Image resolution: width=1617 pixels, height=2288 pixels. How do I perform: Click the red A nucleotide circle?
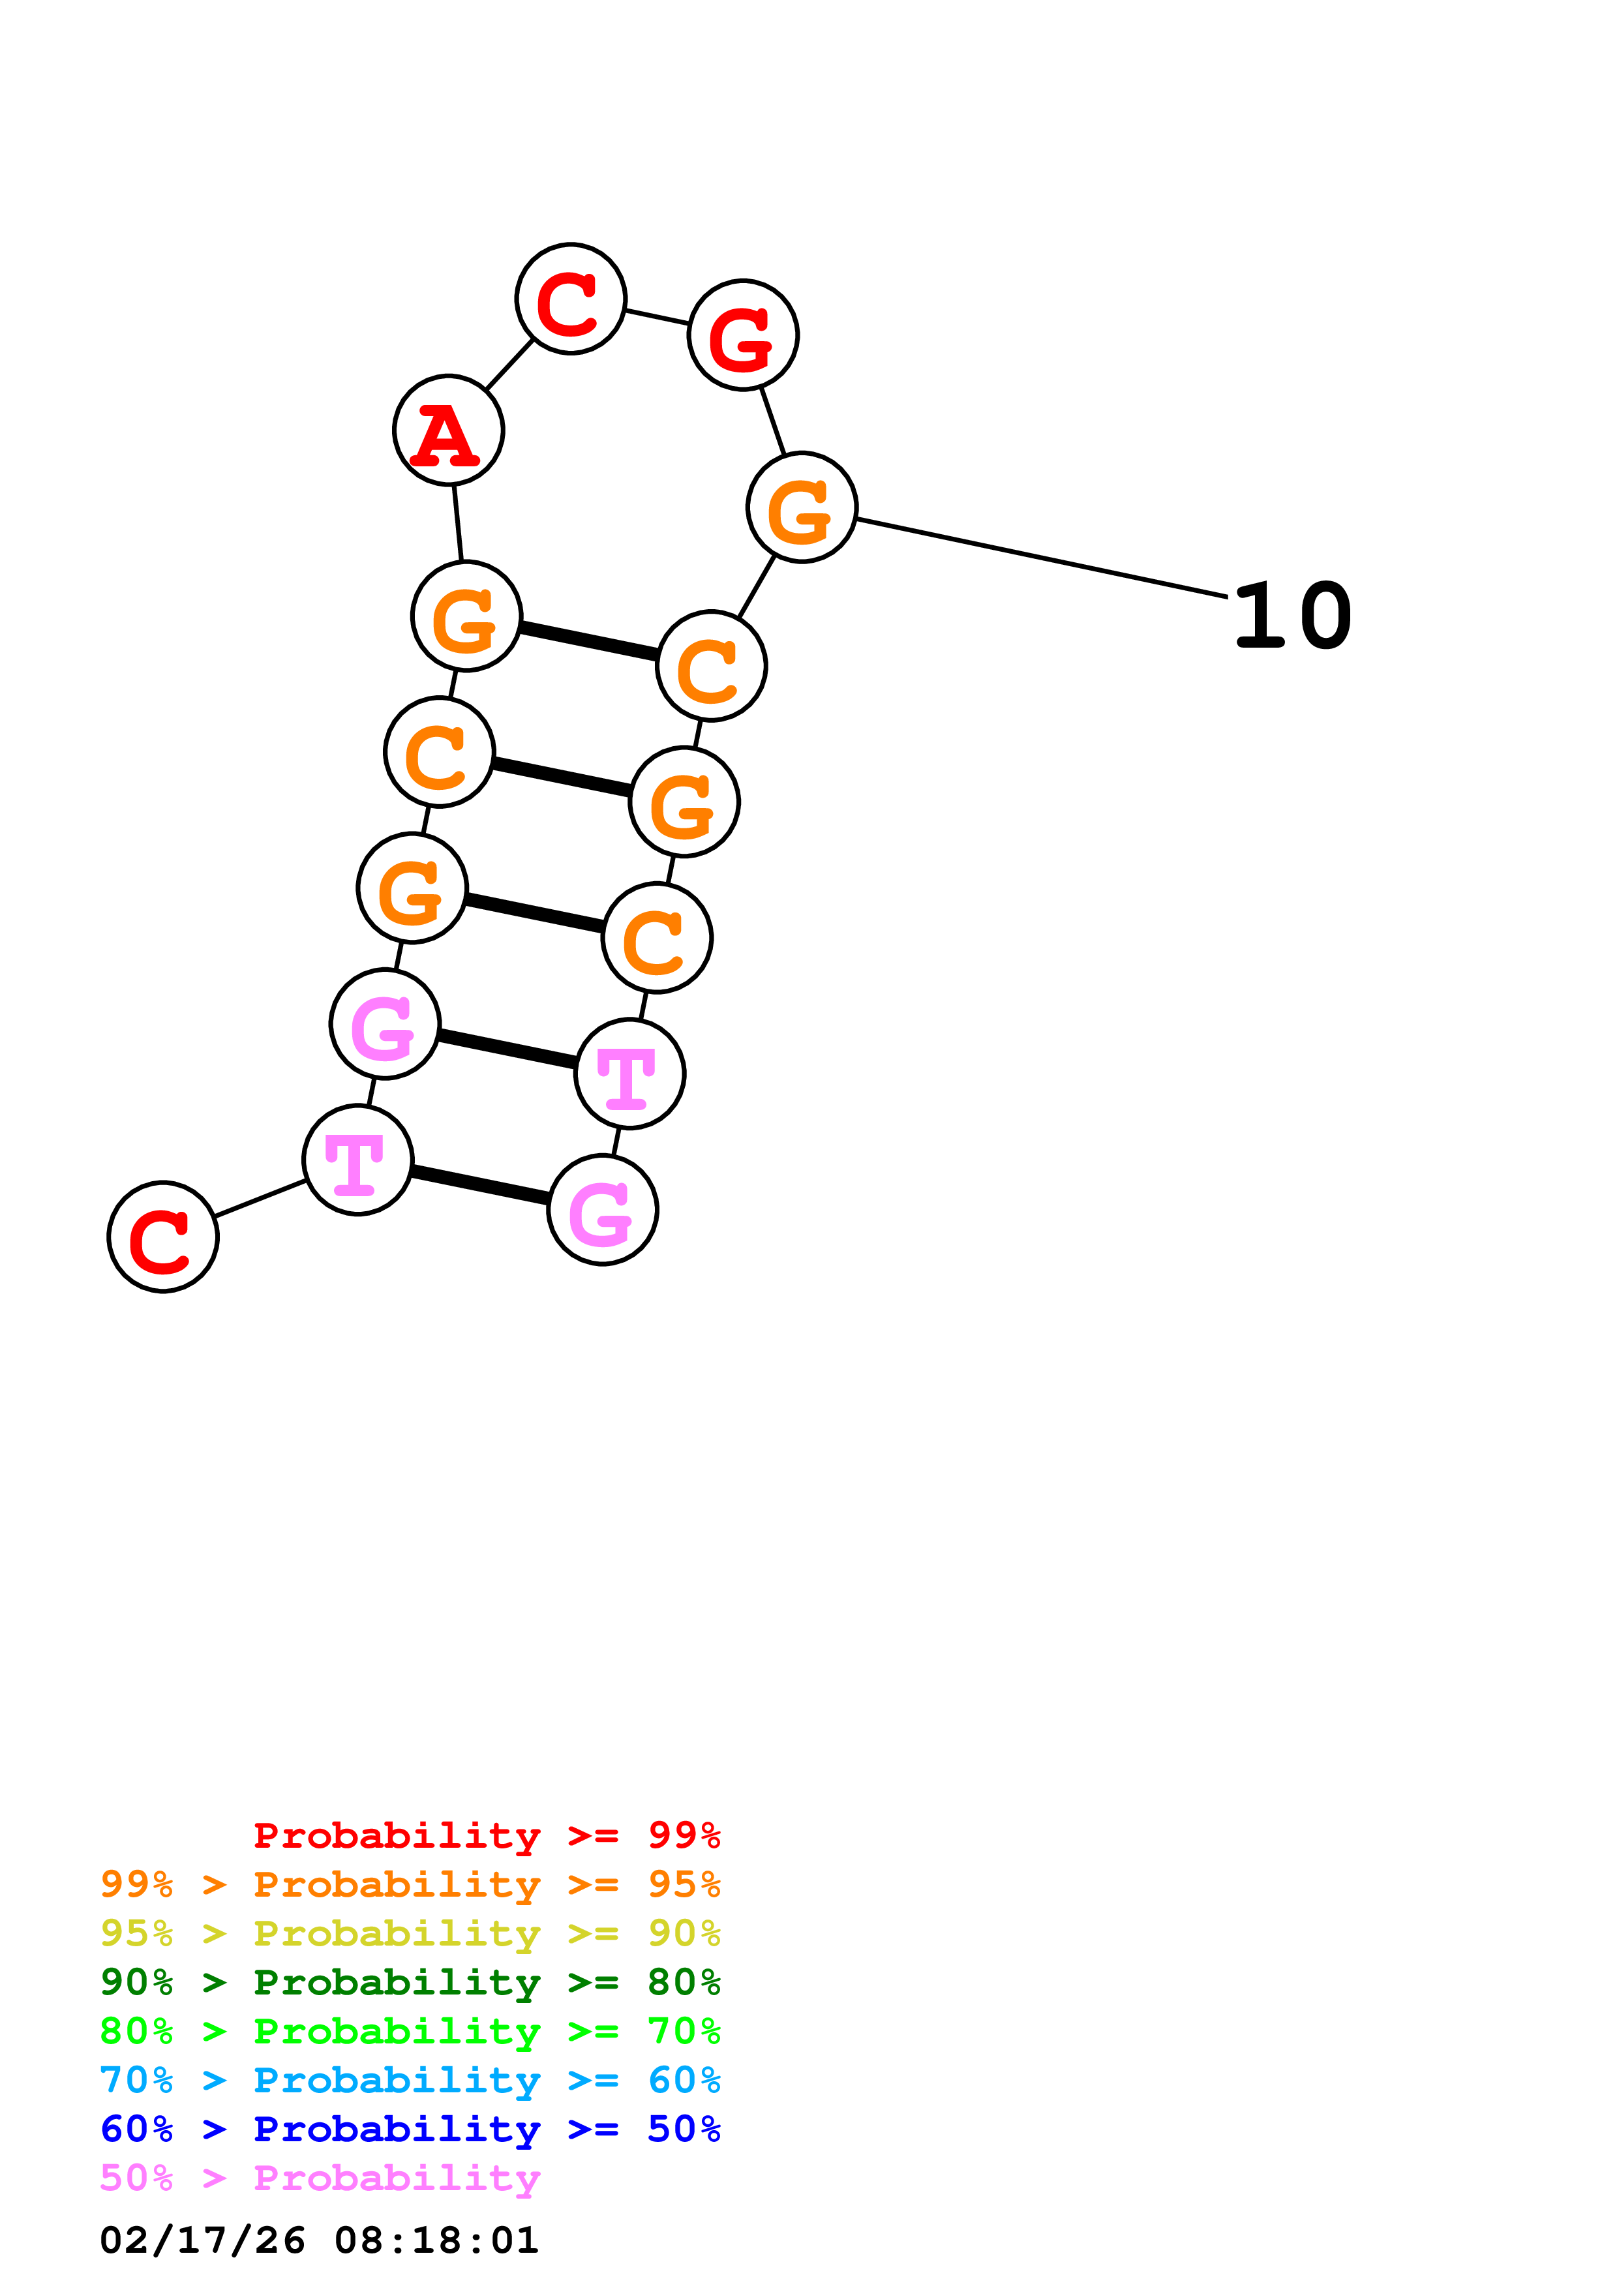[448, 430]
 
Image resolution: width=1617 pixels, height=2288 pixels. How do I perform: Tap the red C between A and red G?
[571, 298]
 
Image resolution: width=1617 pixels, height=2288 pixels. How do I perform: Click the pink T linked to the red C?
[357, 1160]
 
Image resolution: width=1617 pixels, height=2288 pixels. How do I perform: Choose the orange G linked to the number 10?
[802, 507]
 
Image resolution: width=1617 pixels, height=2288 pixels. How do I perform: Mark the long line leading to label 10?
[1041, 558]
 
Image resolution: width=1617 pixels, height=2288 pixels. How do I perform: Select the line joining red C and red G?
[657, 317]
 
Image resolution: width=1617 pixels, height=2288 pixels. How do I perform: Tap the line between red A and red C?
[509, 365]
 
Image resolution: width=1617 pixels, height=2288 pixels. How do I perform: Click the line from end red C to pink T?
[261, 1198]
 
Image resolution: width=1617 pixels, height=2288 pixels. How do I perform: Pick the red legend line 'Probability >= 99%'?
[486, 1835]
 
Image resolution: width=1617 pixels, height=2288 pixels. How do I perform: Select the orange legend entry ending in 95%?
[410, 1884]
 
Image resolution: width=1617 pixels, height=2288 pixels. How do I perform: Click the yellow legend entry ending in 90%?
[410, 1933]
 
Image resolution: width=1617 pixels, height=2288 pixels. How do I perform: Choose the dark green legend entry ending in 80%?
[410, 1982]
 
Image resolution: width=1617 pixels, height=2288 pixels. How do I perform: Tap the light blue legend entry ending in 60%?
[410, 2080]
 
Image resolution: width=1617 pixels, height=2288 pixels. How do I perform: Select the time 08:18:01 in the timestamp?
[436, 2240]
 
